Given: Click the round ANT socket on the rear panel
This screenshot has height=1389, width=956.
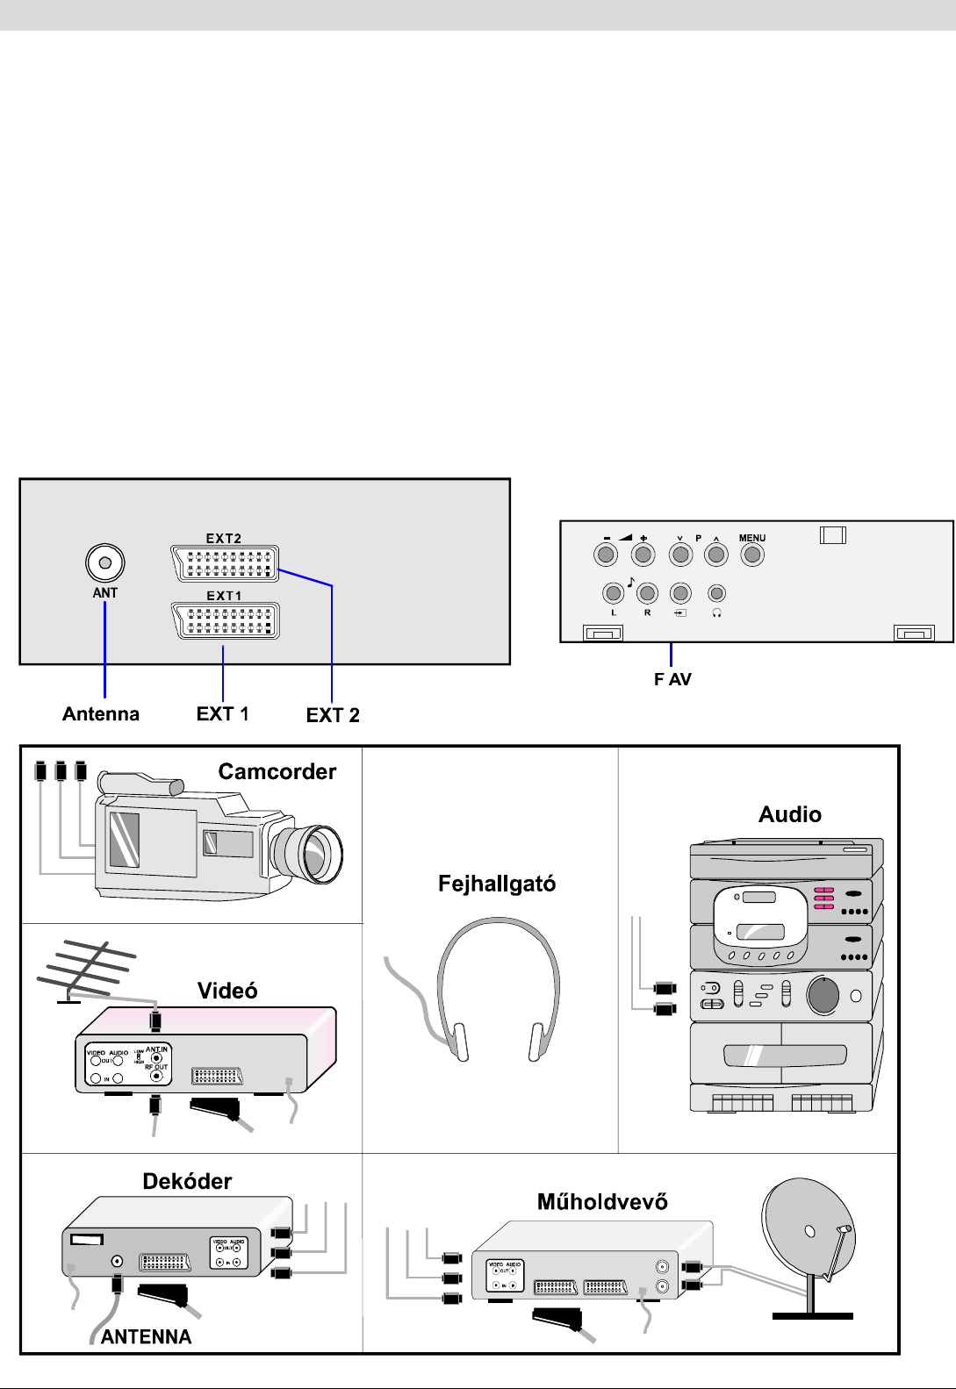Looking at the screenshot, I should (x=105, y=562).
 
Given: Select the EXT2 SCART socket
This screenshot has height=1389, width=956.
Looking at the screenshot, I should (x=226, y=563).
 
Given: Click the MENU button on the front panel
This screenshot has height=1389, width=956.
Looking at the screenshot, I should (x=751, y=555).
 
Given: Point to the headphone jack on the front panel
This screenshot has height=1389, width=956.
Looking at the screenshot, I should (x=717, y=594).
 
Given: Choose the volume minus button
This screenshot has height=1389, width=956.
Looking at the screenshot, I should (x=606, y=555).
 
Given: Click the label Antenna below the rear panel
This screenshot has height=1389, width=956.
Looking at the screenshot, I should (x=101, y=714).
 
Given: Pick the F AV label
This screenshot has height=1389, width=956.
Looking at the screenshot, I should (x=672, y=679).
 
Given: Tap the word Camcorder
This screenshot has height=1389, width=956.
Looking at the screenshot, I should (x=277, y=771).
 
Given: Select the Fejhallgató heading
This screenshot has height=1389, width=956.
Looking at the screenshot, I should (x=497, y=884).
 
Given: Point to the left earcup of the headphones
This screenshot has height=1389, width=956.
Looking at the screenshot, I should (x=458, y=1042).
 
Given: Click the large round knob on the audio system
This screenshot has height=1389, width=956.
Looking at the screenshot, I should (x=823, y=995).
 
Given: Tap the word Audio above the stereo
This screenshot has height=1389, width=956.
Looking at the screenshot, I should (x=790, y=814).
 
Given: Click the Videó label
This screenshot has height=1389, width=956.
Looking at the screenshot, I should (x=227, y=991).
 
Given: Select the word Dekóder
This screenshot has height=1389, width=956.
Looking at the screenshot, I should (x=187, y=1181).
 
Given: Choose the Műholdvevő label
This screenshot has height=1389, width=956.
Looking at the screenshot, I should (x=602, y=1201).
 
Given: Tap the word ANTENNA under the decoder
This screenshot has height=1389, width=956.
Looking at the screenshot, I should (x=146, y=1336).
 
